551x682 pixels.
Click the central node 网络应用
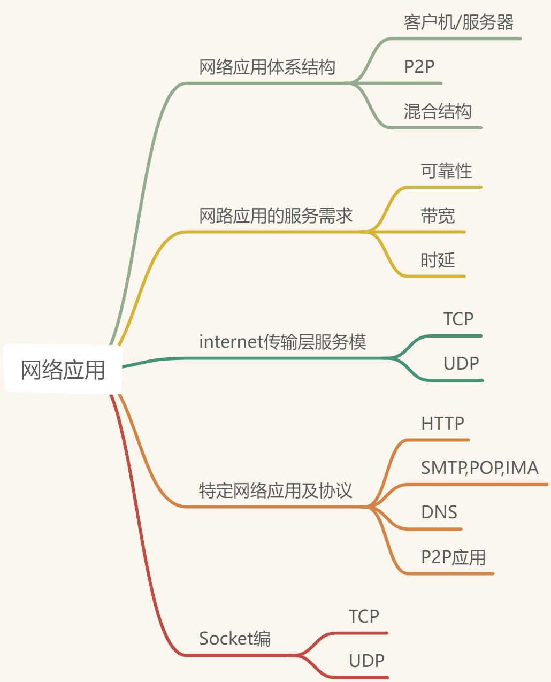(63, 370)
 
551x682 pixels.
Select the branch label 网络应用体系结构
(267, 67)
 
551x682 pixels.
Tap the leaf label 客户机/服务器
(458, 22)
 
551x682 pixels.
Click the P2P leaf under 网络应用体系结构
(419, 67)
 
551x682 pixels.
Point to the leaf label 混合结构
(437, 112)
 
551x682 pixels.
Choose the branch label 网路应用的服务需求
(275, 216)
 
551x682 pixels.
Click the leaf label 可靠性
(446, 171)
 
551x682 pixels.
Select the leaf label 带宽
(438, 216)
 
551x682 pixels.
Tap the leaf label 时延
(438, 260)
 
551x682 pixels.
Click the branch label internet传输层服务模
(282, 341)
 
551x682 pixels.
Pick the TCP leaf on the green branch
(458, 319)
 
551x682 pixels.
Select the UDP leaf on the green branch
(461, 363)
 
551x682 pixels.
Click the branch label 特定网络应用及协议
(275, 491)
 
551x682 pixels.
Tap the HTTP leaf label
(442, 424)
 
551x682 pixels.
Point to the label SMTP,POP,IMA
(479, 468)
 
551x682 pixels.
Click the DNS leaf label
(439, 512)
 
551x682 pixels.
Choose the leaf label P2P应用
(453, 557)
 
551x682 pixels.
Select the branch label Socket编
(234, 638)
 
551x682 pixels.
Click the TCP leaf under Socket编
(364, 616)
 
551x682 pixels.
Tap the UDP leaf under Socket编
(366, 661)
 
